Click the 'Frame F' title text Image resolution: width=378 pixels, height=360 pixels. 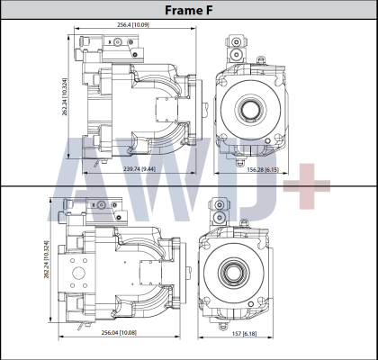(188, 9)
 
